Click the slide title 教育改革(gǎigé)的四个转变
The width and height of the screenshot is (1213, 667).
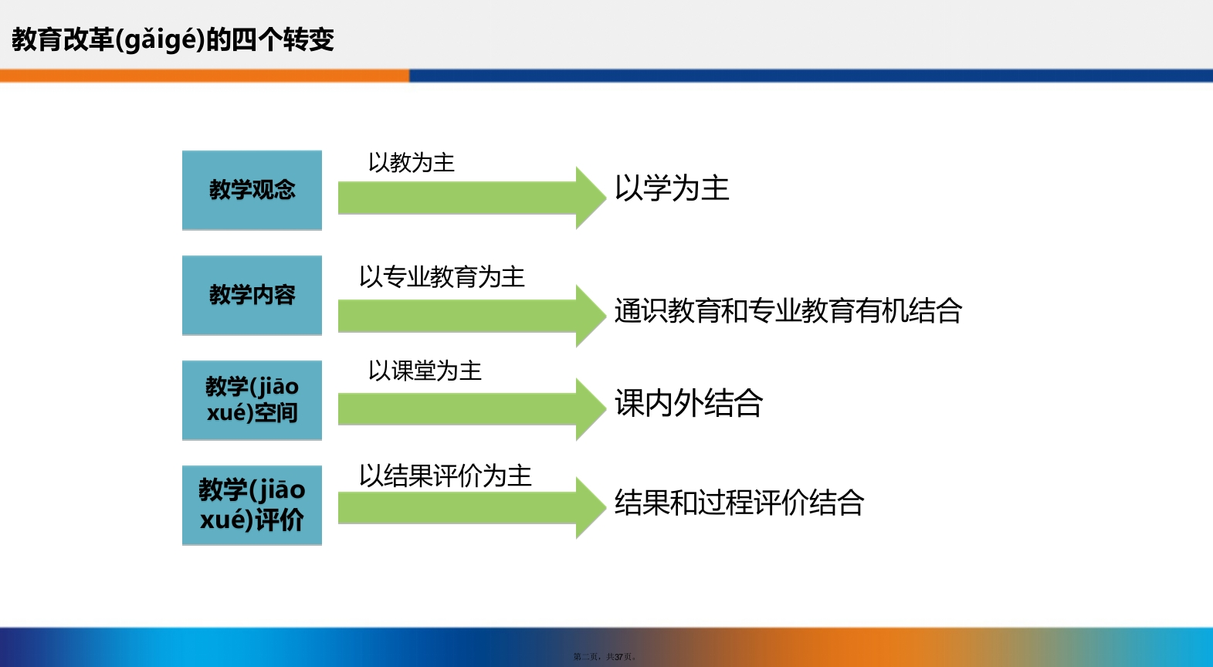click(173, 39)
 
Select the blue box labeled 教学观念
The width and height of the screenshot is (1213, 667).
click(252, 190)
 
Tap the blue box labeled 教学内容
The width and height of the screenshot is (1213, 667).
click(252, 295)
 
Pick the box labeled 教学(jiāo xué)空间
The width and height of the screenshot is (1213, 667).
click(252, 400)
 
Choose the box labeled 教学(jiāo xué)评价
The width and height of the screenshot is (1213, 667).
click(252, 505)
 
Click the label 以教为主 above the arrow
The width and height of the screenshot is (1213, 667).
click(412, 162)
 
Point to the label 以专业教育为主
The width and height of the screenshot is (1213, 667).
click(442, 276)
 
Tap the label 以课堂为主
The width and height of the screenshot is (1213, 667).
click(425, 371)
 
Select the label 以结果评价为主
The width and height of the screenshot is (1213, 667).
click(446, 476)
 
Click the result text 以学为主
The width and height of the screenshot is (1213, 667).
click(672, 188)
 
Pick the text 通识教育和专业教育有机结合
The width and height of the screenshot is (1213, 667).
click(788, 311)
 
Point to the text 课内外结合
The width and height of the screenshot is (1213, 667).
click(688, 403)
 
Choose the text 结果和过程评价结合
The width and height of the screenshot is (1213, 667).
click(739, 503)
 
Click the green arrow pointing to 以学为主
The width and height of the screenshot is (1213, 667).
click(472, 198)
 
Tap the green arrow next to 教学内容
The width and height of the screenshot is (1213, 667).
click(472, 316)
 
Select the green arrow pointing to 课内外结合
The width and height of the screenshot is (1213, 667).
click(472, 409)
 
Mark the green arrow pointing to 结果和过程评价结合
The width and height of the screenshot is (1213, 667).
click(472, 508)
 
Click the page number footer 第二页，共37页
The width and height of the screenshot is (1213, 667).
click(605, 657)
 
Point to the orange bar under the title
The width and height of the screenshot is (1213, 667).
click(205, 76)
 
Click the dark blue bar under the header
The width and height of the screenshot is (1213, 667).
click(811, 76)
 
